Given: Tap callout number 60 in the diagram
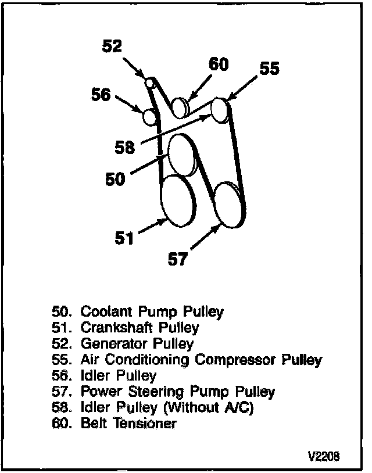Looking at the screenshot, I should (218, 64).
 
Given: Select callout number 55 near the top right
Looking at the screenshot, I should (269, 69).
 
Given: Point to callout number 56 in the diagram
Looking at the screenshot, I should (101, 94).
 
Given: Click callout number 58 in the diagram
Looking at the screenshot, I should (125, 148).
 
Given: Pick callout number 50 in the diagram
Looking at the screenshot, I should (115, 179).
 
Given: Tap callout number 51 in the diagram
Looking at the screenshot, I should (124, 238).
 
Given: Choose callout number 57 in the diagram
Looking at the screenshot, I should (178, 259).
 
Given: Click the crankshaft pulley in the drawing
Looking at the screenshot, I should (177, 200).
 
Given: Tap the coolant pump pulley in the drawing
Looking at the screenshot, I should (181, 153).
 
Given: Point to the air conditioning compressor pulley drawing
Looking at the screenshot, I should (220, 109).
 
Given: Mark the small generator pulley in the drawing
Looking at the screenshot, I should (149, 83).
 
